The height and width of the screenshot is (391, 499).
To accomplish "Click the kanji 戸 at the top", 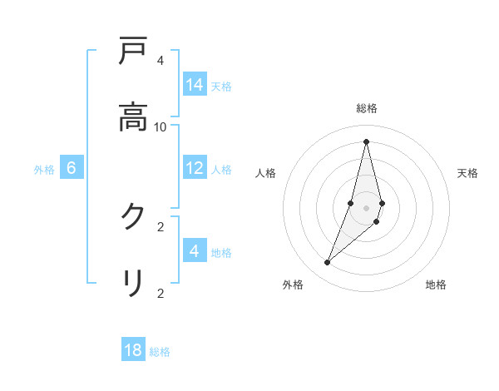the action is pyautogui.click(x=133, y=52).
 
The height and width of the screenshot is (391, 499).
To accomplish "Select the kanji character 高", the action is pyautogui.click(x=133, y=117).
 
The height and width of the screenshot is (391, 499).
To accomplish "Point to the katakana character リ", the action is pyautogui.click(x=133, y=284).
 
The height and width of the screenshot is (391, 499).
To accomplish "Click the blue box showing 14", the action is pyautogui.click(x=195, y=85).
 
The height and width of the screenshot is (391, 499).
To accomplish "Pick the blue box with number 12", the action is pyautogui.click(x=195, y=168).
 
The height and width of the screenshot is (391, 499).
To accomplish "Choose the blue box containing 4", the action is pyautogui.click(x=195, y=251).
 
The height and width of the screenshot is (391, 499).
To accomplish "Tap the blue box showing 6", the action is pyautogui.click(x=72, y=168).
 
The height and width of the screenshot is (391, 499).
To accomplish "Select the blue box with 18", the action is pyautogui.click(x=133, y=350).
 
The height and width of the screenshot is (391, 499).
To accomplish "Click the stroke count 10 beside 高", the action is pyautogui.click(x=161, y=126).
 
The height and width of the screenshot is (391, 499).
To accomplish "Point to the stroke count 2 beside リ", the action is pyautogui.click(x=160, y=293).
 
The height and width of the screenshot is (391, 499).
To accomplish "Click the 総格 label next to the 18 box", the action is pyautogui.click(x=160, y=352).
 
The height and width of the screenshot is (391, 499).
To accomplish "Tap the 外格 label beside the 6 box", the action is pyautogui.click(x=44, y=170).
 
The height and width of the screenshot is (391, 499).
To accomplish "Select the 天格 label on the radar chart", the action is pyautogui.click(x=467, y=173).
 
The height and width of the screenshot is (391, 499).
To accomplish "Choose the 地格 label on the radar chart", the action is pyautogui.click(x=436, y=285).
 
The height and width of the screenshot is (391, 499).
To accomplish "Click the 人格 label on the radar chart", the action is pyautogui.click(x=265, y=173).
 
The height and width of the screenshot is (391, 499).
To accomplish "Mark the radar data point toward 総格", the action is pyautogui.click(x=366, y=141).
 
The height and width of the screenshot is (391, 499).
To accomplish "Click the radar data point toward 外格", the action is pyautogui.click(x=328, y=263).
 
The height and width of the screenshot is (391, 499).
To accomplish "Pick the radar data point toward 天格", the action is pyautogui.click(x=382, y=203).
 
